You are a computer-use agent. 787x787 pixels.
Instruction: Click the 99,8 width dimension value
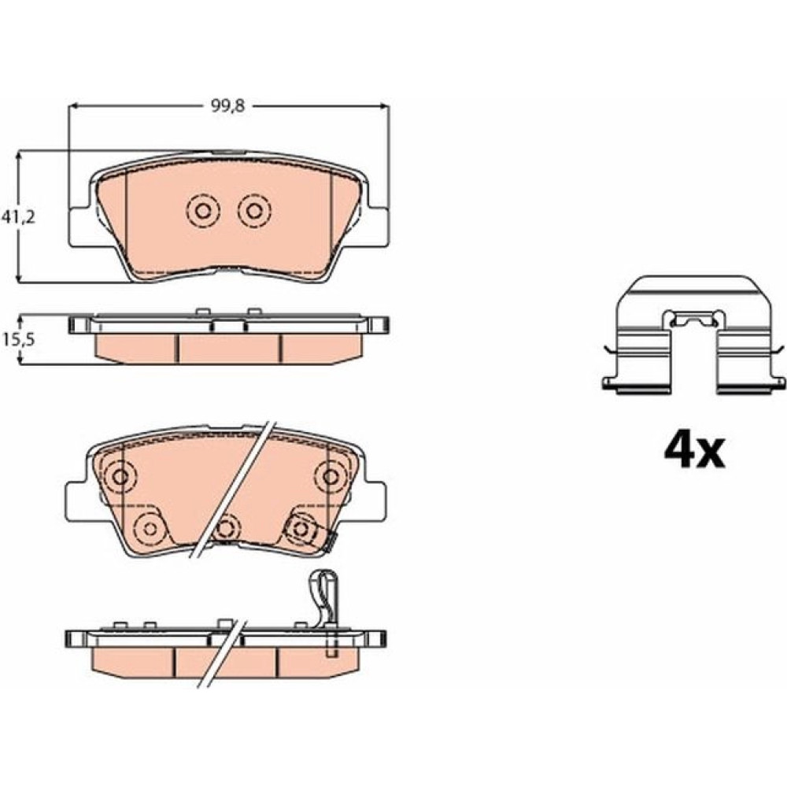pos(227,107)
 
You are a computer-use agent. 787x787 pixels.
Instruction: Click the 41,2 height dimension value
pos(18,217)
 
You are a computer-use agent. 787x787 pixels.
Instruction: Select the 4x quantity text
pos(695,451)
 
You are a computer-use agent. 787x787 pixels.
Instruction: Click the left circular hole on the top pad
pos(203,210)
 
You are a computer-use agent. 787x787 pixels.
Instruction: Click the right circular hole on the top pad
pos(254,210)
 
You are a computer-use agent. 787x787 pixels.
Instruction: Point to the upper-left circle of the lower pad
pos(120,476)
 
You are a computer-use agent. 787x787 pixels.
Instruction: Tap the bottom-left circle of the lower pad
pos(150,528)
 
